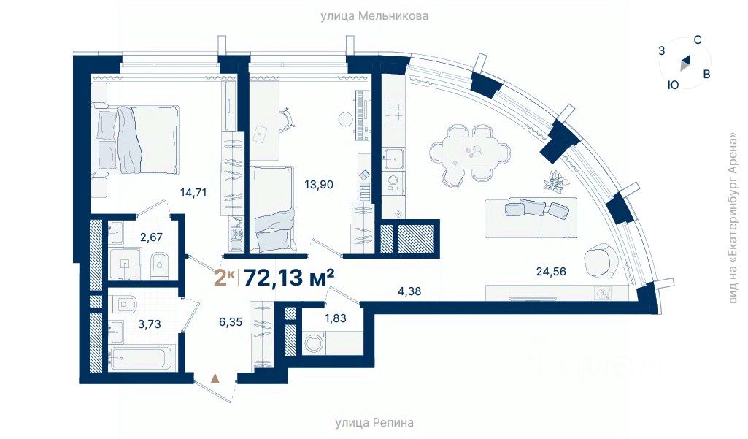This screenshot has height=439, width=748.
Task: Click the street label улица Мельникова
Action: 374,16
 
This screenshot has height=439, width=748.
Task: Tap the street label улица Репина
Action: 374,423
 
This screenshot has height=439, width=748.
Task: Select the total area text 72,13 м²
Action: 289,277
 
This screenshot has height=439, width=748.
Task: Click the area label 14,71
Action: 193,193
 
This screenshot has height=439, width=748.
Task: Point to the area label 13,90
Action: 319,184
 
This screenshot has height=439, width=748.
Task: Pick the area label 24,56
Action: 551,271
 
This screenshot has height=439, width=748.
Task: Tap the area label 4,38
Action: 409,291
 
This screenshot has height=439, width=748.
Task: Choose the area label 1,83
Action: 336,318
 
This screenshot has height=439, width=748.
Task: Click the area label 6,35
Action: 231,322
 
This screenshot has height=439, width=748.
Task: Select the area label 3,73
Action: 150,324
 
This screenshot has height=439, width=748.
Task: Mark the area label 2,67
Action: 151,237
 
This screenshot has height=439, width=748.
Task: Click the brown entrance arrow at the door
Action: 215,378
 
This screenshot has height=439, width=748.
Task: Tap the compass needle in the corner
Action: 685,63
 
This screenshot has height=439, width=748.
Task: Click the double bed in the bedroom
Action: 137,139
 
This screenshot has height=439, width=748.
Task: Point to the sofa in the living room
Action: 531,218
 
